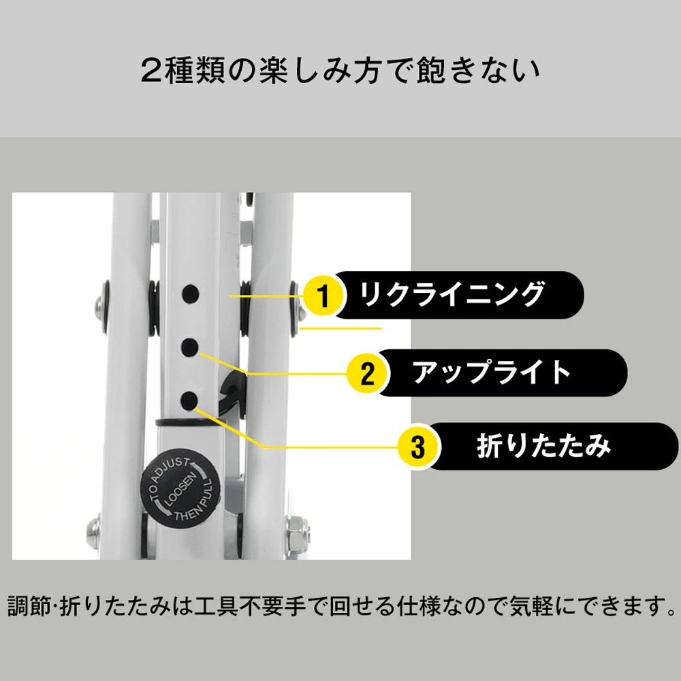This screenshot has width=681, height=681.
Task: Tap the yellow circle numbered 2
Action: pos(367,374)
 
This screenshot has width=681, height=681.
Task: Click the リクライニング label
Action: pos(452,295)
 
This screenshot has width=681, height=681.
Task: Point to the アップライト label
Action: pos(492,373)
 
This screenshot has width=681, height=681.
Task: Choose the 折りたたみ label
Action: pos(543,446)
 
